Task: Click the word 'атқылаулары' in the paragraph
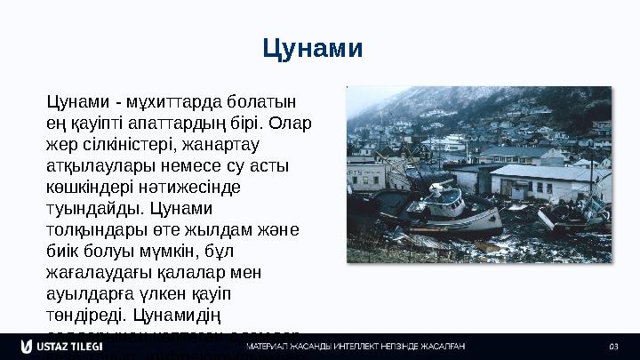99,164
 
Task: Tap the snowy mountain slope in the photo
400,107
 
